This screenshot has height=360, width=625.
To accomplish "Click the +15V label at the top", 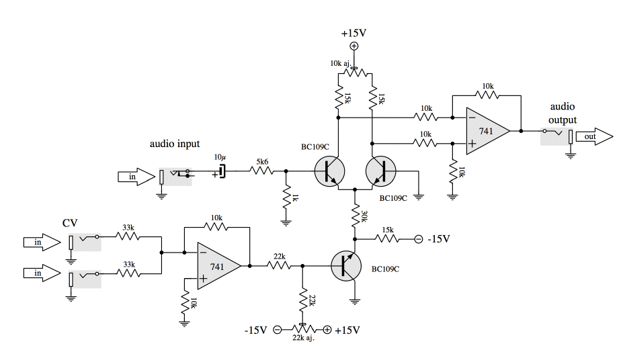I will point(353,33).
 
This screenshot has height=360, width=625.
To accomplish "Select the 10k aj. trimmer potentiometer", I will point(355,71).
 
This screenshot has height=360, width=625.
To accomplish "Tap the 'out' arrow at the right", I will point(594,137).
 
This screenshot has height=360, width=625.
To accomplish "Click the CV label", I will point(70,222).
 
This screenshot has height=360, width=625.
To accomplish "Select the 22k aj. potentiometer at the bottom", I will point(303,329).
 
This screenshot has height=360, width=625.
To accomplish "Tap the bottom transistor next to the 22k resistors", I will point(346,267).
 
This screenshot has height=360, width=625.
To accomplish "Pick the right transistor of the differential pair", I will point(381,172).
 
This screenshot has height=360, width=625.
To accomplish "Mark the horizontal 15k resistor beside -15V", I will point(388,238).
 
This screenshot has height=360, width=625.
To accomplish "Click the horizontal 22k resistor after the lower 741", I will point(278,266).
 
